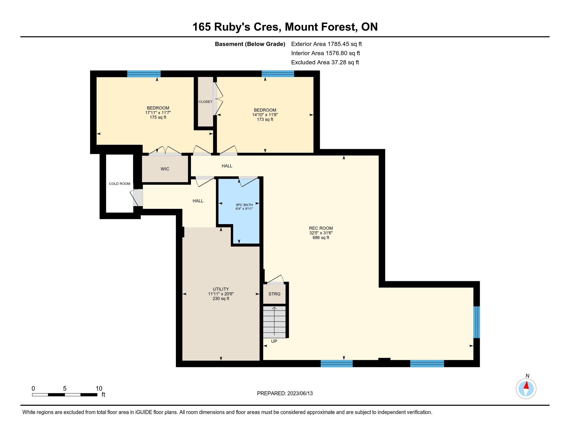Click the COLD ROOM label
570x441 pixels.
click(119, 184)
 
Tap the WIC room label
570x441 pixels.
click(165, 169)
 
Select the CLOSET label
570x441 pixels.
click(205, 102)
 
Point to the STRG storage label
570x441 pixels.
click(275, 294)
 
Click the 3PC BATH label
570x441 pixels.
click(244, 205)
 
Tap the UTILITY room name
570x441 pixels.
click(221, 289)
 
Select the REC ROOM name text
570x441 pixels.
click(321, 228)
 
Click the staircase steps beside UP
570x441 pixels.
click(274, 322)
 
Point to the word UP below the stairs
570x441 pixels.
click(274, 341)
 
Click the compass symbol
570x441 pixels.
click(526, 389)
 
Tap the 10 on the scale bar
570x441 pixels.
click(99, 389)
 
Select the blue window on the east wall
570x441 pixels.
click(476, 322)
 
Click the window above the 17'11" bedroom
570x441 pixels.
click(144, 74)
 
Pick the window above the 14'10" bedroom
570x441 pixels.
click(278, 74)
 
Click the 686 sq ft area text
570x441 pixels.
click(321, 237)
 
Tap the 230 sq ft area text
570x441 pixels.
click(221, 298)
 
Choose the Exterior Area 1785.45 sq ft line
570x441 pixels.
click(326, 44)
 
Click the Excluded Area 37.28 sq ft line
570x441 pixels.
click(325, 62)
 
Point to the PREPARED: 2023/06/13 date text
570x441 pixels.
click(285, 393)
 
